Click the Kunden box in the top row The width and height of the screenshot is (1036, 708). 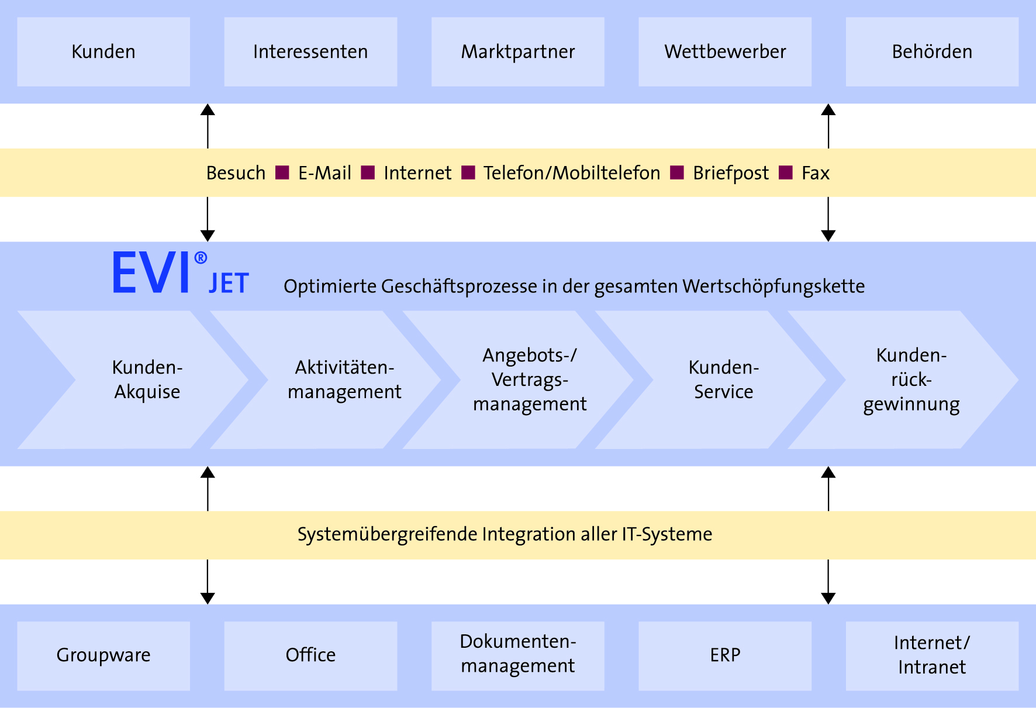click(x=103, y=51)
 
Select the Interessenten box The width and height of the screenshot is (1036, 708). click(x=310, y=51)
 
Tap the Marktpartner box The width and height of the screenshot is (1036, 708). click(x=517, y=51)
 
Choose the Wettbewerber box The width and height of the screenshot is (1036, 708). click(x=725, y=51)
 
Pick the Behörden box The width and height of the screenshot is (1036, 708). click(x=932, y=51)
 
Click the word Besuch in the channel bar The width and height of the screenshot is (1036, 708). click(x=236, y=173)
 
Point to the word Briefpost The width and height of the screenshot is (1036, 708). click(x=731, y=173)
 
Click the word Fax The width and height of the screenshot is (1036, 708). click(x=816, y=173)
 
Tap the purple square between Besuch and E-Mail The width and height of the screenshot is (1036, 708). click(x=282, y=172)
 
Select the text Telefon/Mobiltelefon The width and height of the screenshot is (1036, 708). click(x=572, y=173)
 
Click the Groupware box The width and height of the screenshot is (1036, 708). click(x=103, y=655)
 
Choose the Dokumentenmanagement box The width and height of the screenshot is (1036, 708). click(x=517, y=654)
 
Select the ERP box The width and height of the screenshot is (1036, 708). click(x=725, y=655)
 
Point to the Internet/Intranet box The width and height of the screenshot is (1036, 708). click(x=932, y=655)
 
